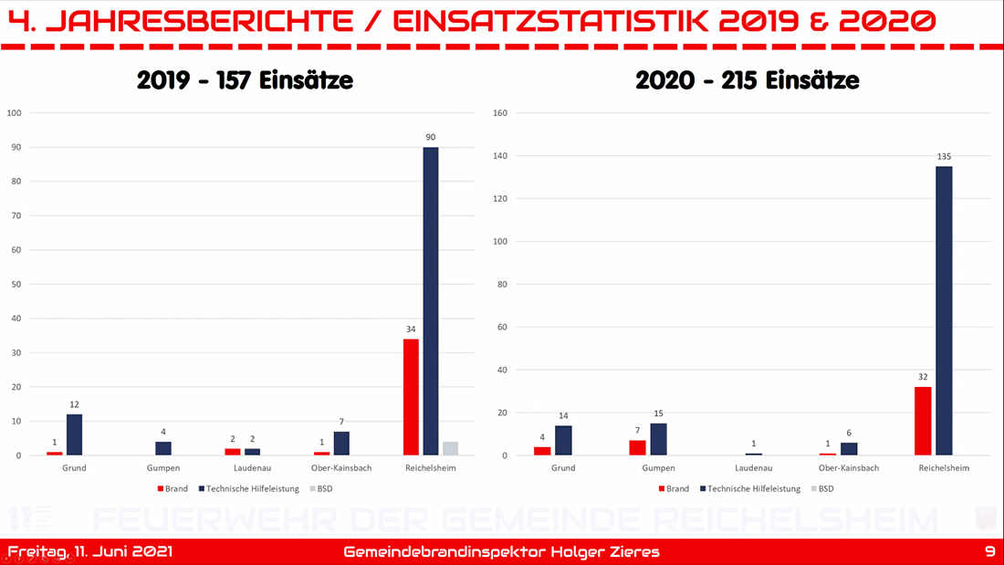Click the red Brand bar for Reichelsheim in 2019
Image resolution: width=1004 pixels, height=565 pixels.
pos(411,397)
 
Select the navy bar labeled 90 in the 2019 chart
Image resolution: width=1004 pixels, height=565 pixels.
pos(431,301)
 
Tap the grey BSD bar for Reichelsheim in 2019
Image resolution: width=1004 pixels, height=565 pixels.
pos(450,448)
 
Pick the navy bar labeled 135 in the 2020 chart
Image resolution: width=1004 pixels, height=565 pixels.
pos(943,310)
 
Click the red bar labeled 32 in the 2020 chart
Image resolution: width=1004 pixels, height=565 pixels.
pos(923,421)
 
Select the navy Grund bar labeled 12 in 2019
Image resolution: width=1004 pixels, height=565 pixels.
pos(74,434)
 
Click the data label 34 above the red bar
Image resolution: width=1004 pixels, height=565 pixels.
pos(411,330)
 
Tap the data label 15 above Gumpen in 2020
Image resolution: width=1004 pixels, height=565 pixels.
pos(659,413)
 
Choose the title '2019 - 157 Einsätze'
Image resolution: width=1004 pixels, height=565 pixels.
pos(245,81)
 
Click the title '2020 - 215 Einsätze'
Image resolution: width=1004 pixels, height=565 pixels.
pos(747,81)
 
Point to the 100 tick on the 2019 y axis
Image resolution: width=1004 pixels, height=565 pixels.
pos(15,113)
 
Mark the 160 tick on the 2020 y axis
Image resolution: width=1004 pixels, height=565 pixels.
pos(500,113)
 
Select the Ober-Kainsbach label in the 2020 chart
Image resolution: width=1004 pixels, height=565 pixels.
pos(845,468)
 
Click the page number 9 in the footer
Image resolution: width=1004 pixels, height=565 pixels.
pos(990,552)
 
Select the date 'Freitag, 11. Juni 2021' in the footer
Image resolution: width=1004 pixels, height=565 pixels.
pos(89,552)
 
